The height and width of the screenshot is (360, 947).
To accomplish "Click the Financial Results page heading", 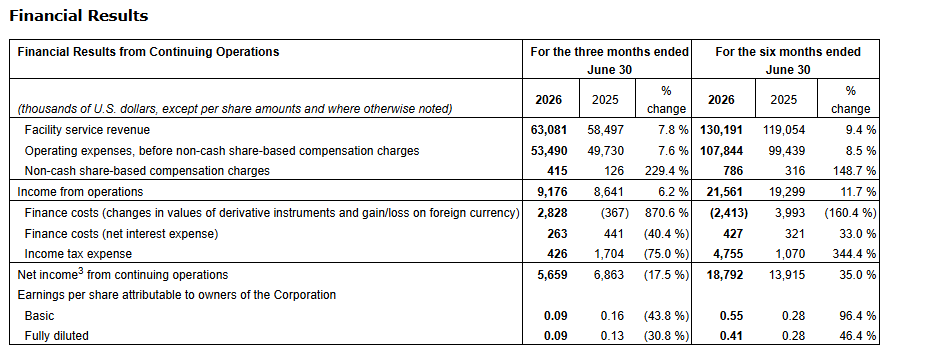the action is pyautogui.click(x=79, y=16).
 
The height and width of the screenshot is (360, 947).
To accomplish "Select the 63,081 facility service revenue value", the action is pyautogui.click(x=548, y=130).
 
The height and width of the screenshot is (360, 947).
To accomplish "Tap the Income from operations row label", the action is pyautogui.click(x=80, y=191).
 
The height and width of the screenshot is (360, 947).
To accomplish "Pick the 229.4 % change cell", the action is pyautogui.click(x=662, y=171).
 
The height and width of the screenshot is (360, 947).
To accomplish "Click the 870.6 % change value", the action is pyautogui.click(x=662, y=213).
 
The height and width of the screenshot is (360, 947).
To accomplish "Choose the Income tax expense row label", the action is pyautogui.click(x=78, y=254).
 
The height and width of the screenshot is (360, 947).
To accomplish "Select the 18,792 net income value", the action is pyautogui.click(x=725, y=275).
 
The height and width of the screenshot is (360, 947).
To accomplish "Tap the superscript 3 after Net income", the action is pyautogui.click(x=81, y=272).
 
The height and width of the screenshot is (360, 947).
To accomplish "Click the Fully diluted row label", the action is pyautogui.click(x=56, y=336).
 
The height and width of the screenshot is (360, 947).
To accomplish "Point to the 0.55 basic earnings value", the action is pyautogui.click(x=732, y=316).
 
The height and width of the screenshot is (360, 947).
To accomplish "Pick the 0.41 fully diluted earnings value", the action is pyautogui.click(x=732, y=336).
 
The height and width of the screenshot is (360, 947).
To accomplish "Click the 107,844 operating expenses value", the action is pyautogui.click(x=721, y=150).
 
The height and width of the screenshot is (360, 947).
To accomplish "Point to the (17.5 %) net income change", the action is pyautogui.click(x=666, y=275).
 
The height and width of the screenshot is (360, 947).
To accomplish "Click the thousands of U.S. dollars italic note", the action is pyautogui.click(x=234, y=109).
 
